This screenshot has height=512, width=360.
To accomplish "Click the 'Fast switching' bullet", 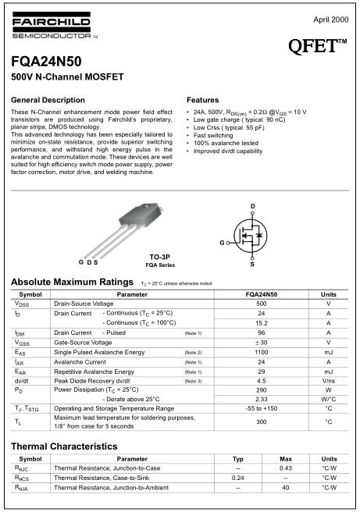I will click(212, 136).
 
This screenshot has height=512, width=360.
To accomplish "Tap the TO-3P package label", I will click(162, 256).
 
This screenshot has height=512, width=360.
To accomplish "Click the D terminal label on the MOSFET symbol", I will click(252, 206).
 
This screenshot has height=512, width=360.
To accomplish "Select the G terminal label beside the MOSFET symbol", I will click(221, 243).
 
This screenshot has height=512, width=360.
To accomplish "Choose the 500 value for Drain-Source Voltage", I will click(261, 303).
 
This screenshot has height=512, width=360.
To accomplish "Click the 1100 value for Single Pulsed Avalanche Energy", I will click(261, 352).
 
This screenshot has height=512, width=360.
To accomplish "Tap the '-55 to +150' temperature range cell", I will click(261, 408).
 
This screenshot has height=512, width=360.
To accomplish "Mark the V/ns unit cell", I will click(329, 382).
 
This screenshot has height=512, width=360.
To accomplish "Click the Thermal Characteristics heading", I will click(64, 446).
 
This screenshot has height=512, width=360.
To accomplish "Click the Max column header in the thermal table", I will click(286, 459).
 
